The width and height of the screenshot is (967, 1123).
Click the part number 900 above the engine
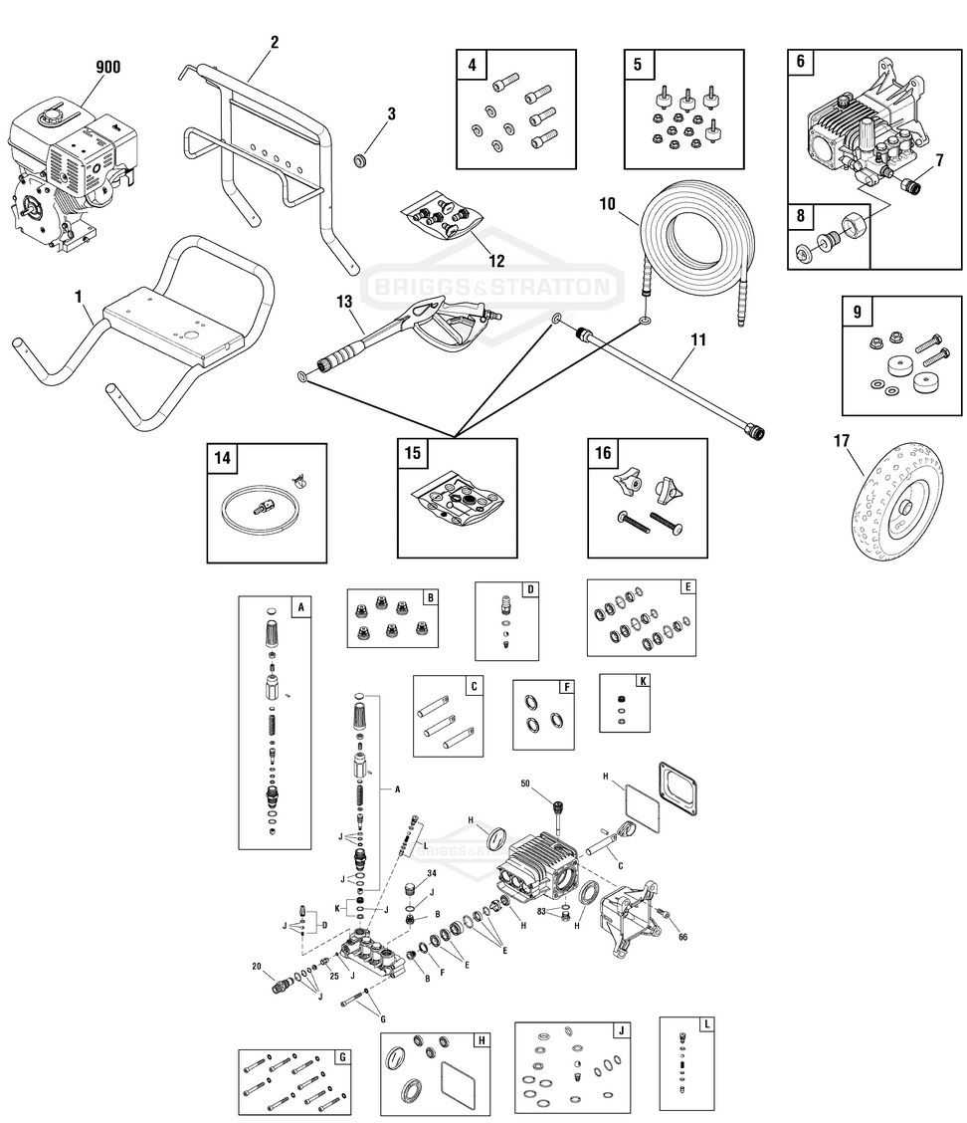(x=107, y=68)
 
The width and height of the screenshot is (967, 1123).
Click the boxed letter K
(x=643, y=681)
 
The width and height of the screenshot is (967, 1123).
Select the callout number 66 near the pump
(x=682, y=937)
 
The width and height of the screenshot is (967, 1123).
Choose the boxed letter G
(x=342, y=1055)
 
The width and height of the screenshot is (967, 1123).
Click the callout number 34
(x=431, y=873)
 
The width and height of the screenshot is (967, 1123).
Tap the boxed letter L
(x=706, y=1023)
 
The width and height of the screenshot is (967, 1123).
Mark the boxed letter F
(x=566, y=687)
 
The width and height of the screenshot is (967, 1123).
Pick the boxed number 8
(x=801, y=218)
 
